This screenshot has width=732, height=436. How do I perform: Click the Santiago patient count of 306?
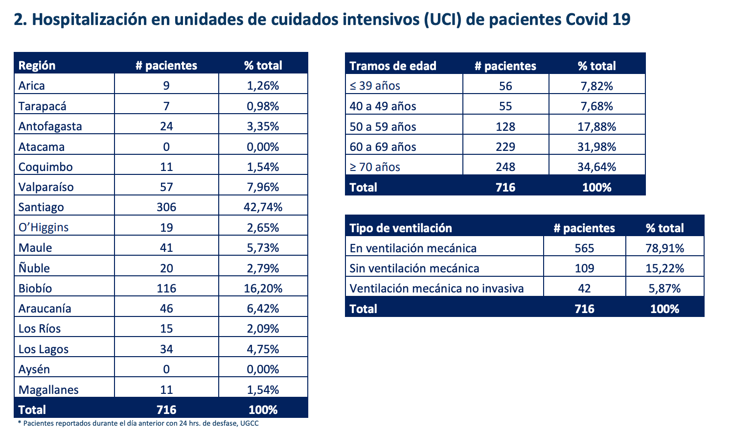click(x=166, y=207)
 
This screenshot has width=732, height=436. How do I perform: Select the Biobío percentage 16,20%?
click(x=263, y=289)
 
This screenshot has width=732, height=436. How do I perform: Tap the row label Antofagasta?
click(x=50, y=126)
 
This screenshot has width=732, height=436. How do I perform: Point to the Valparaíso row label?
click(x=46, y=187)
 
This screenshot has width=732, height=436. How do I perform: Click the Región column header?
click(x=37, y=66)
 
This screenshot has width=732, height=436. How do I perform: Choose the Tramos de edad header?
click(x=392, y=66)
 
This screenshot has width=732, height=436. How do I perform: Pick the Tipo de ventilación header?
click(x=400, y=228)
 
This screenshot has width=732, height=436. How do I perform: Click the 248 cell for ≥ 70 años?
click(x=505, y=167)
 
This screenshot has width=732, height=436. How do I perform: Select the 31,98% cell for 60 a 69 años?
click(x=596, y=147)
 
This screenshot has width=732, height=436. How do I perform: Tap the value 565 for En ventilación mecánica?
click(x=584, y=248)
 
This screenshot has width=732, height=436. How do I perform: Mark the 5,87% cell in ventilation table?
click(x=664, y=289)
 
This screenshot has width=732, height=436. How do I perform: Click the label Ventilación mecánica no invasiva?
click(x=436, y=289)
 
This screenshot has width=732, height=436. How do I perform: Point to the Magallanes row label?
click(x=48, y=390)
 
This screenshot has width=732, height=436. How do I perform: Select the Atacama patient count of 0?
click(x=166, y=147)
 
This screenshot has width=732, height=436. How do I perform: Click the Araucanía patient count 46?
click(x=166, y=309)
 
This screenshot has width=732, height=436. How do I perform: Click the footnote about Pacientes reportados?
click(x=138, y=423)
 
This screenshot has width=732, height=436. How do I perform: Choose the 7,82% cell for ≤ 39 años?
click(x=596, y=86)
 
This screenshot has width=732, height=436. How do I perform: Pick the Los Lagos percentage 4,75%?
click(x=263, y=349)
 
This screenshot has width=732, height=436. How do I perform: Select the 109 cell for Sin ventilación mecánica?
click(x=584, y=268)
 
